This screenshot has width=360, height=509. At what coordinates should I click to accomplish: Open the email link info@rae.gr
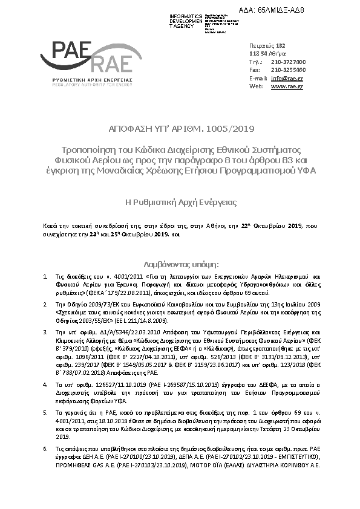(287, 79)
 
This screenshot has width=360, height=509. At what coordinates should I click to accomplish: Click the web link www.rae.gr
(287, 86)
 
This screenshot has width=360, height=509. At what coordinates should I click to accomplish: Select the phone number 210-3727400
(288, 62)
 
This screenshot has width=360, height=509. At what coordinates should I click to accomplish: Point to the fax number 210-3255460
(288, 70)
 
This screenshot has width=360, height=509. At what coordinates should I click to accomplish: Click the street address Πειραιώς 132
(267, 46)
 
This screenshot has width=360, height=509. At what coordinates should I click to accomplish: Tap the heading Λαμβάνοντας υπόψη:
(180, 264)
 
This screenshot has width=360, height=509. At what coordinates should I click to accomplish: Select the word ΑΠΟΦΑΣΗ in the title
(129, 129)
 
